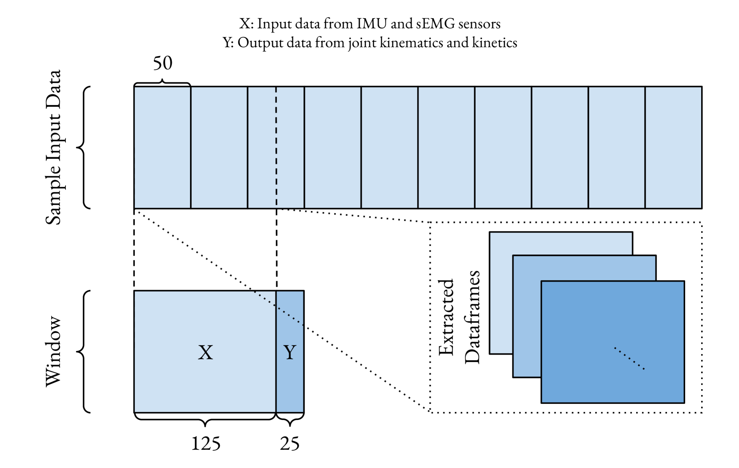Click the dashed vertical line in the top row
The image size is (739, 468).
(x=276, y=147)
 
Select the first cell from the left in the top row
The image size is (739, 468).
(x=162, y=147)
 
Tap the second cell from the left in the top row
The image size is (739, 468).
(x=219, y=147)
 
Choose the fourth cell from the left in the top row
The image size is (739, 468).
(x=332, y=147)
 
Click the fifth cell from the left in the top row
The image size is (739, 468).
(x=389, y=147)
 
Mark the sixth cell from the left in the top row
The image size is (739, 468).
(x=446, y=147)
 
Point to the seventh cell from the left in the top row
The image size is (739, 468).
(x=503, y=147)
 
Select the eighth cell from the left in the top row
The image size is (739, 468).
(x=560, y=147)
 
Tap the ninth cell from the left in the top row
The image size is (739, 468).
(x=617, y=147)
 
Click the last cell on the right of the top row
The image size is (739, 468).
(x=673, y=147)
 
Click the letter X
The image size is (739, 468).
(x=206, y=352)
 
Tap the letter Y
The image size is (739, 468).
(x=290, y=352)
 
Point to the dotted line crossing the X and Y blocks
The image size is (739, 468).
(x=279, y=308)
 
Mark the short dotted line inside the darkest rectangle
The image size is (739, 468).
(x=630, y=359)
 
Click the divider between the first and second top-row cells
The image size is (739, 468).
(x=191, y=147)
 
